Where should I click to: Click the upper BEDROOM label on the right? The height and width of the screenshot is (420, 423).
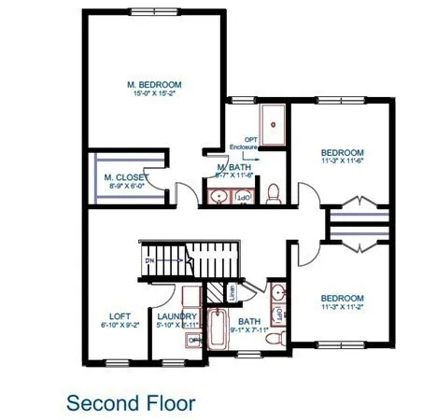point(341,152)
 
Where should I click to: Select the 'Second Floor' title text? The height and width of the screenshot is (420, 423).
point(131,403)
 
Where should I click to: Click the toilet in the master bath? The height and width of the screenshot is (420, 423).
point(274,193)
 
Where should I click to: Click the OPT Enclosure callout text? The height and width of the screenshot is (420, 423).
point(244,142)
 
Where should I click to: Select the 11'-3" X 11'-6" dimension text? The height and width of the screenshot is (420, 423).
point(341,161)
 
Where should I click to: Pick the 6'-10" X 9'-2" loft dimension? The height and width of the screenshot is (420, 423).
point(120,326)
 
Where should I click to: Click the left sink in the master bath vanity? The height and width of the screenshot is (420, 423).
point(219,196)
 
